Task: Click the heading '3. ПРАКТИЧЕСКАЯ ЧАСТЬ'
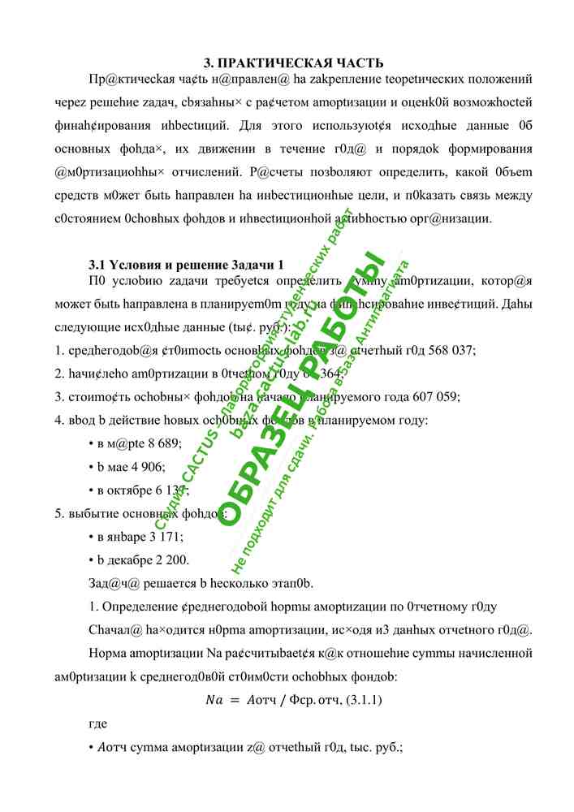tap(292, 63)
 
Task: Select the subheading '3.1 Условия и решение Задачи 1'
tap(186, 266)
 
